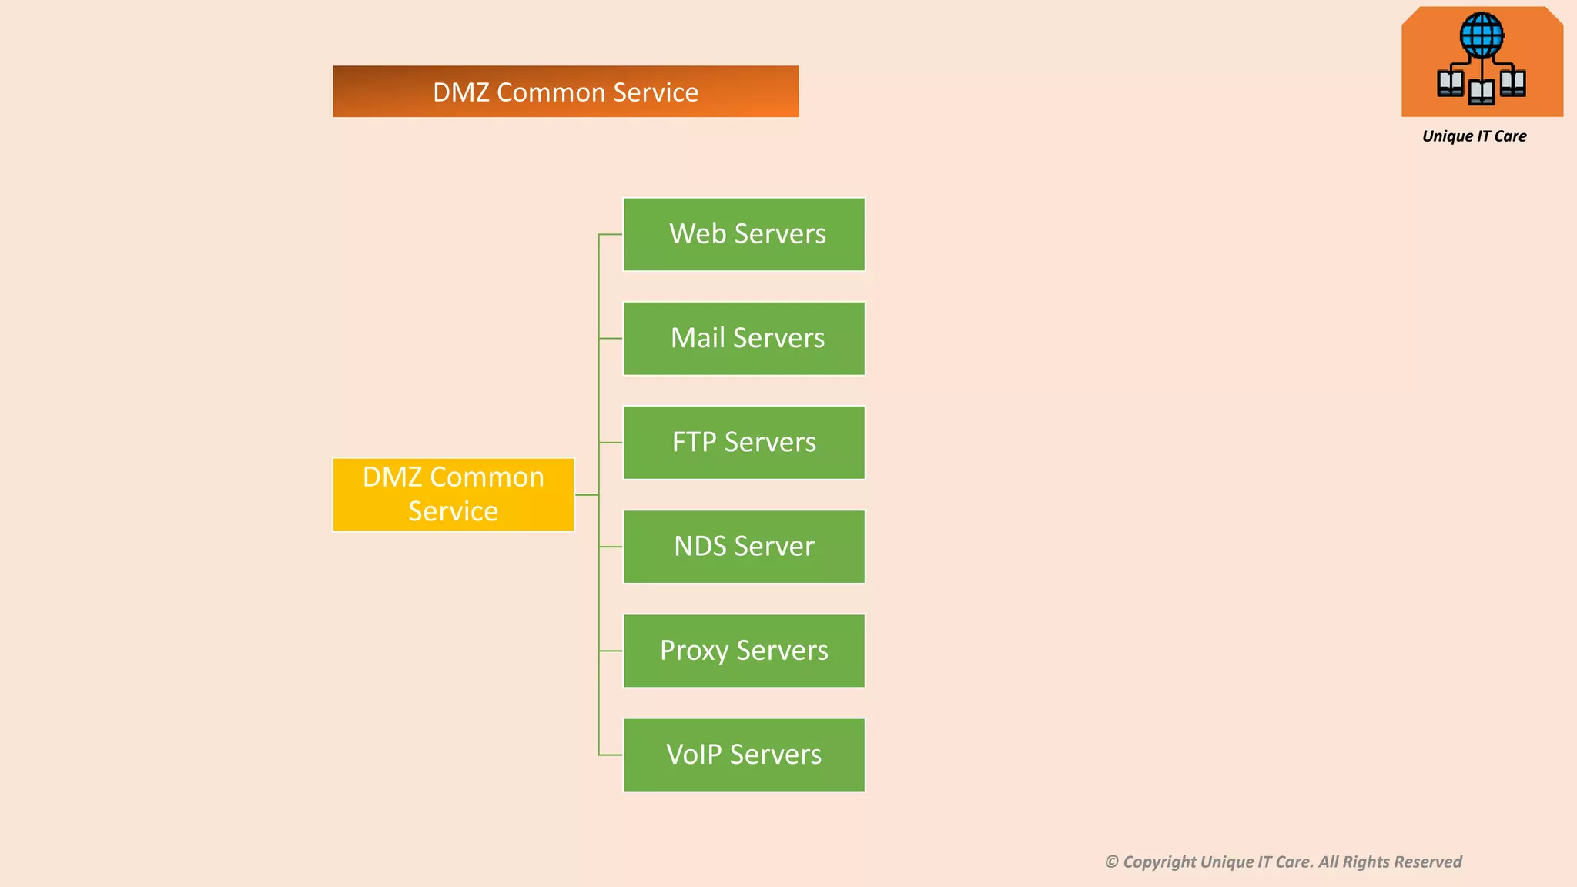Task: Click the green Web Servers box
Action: coord(744,234)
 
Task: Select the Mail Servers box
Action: coord(744,339)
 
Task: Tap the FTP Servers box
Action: coord(744,443)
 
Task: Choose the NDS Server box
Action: coord(744,547)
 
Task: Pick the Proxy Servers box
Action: coord(744,651)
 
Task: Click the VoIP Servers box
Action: coord(744,755)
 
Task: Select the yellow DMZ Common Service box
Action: coord(454,494)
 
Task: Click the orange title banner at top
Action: coord(565,92)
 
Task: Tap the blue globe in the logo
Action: coord(1481,35)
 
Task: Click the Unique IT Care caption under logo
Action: coord(1474,136)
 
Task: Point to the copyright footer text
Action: coord(1283,862)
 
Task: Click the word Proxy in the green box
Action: coord(694,651)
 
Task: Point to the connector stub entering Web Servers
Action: coord(611,234)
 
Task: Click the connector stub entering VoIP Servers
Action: coord(611,755)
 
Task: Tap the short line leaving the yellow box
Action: coord(587,494)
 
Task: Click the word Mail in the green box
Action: coord(698,339)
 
